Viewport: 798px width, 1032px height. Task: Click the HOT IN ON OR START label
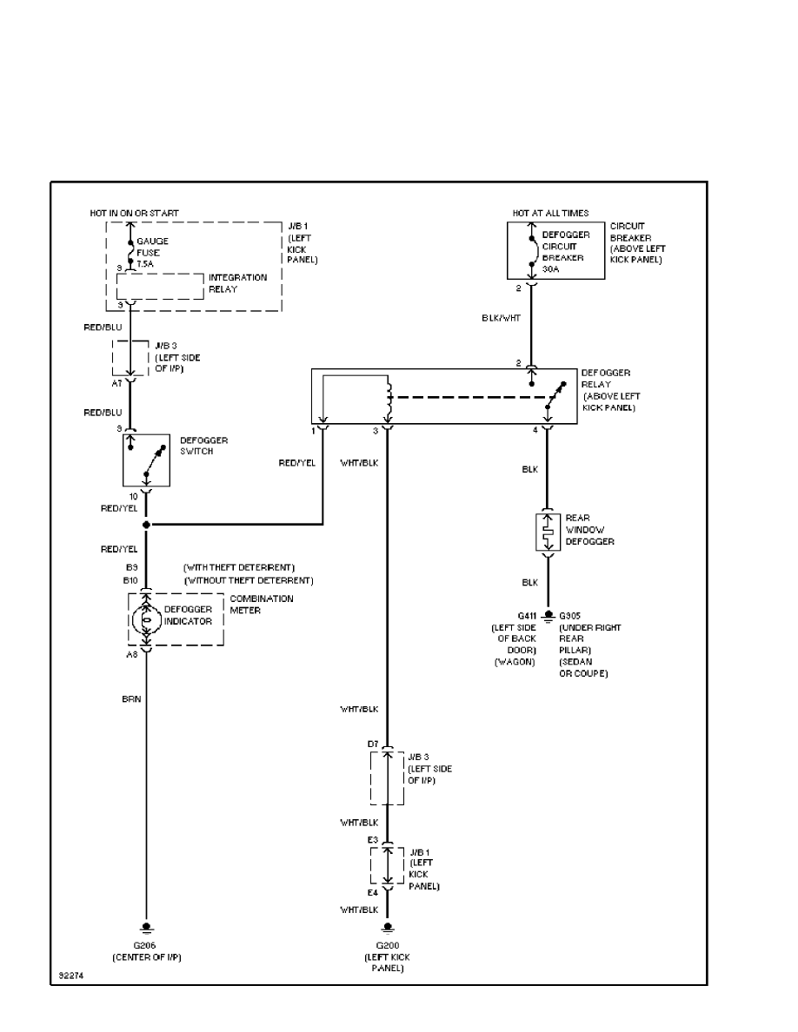[x=135, y=213]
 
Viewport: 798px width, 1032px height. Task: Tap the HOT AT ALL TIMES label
[x=550, y=213]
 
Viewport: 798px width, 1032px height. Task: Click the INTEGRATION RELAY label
[x=237, y=283]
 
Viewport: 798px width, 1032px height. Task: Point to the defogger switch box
[x=146, y=460]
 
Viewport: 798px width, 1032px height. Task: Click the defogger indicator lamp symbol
[x=146, y=620]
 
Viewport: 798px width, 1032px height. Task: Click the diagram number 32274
[x=71, y=976]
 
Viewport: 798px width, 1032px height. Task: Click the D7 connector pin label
[x=372, y=745]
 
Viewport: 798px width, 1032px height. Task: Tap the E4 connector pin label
[x=372, y=892]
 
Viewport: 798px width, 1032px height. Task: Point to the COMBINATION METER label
[x=262, y=604]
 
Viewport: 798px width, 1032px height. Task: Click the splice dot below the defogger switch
[x=146, y=525]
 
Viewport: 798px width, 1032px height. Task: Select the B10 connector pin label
[x=132, y=579]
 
